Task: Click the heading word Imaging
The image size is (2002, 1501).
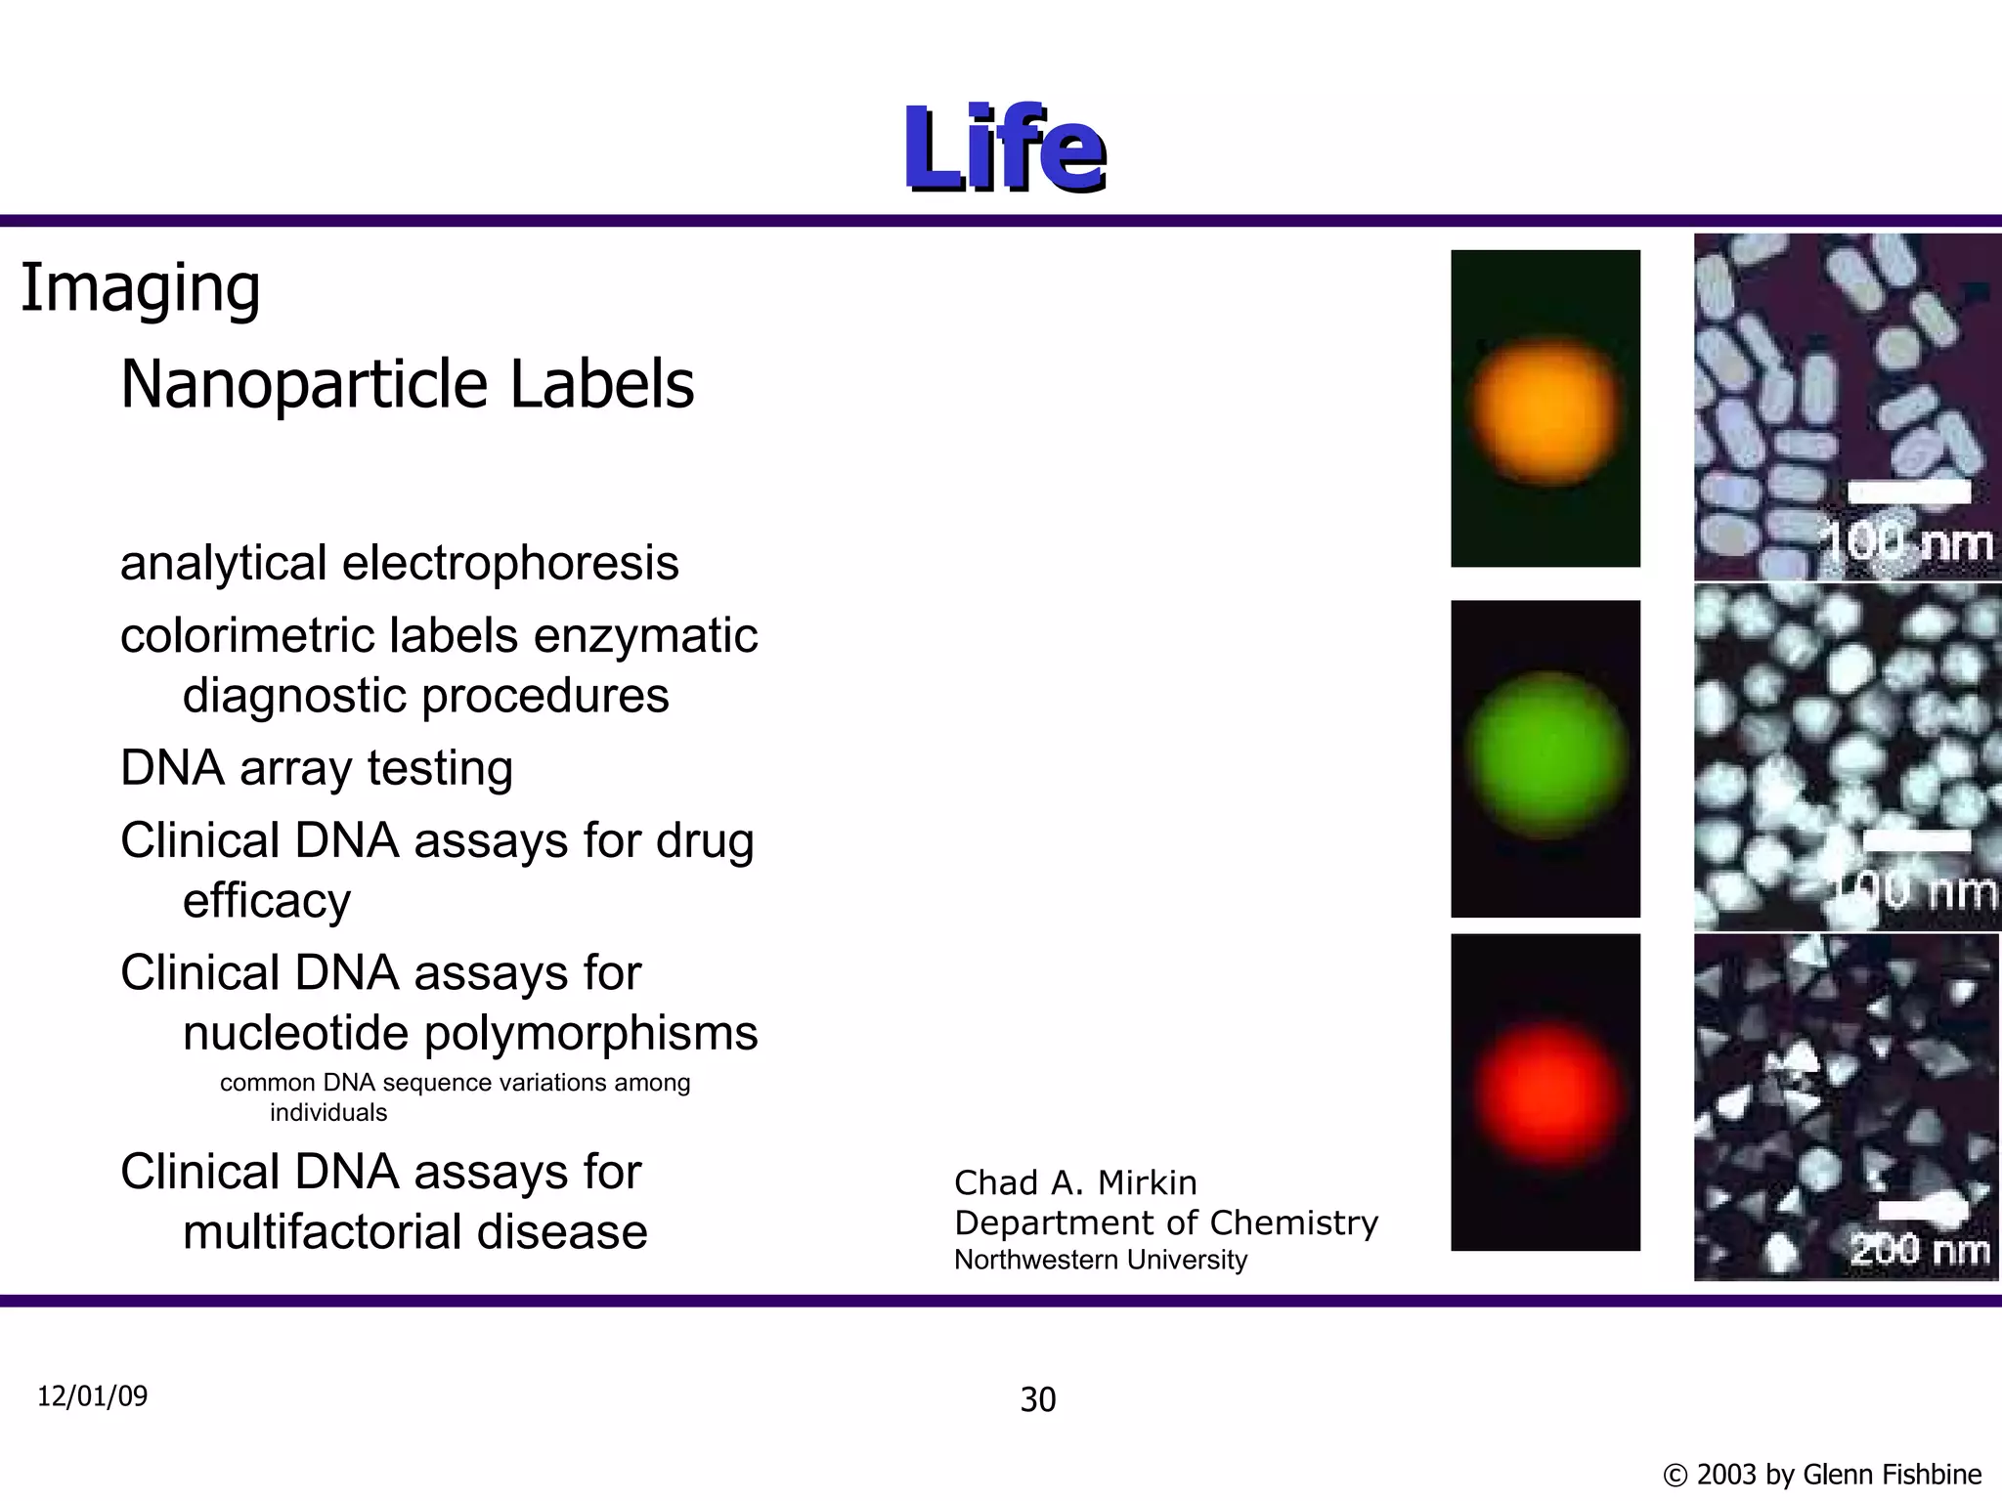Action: (141, 288)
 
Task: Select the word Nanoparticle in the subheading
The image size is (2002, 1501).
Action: (304, 384)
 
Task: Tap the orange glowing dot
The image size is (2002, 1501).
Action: (1545, 410)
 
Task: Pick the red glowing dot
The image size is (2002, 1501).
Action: (1545, 1093)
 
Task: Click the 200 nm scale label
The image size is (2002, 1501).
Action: (1919, 1250)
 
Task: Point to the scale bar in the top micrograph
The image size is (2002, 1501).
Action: (1908, 493)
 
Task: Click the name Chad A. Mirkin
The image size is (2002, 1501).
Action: (1075, 1182)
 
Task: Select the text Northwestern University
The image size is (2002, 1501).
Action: (1101, 1260)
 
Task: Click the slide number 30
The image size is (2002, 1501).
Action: (1038, 1400)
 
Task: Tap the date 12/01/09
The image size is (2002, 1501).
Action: (93, 1395)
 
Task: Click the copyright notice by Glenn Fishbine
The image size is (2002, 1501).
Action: (1822, 1474)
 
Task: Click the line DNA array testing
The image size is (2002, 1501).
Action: (317, 767)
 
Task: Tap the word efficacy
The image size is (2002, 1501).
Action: (267, 900)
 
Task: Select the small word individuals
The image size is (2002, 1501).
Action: (328, 1112)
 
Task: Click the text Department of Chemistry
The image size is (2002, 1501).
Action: (1166, 1222)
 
